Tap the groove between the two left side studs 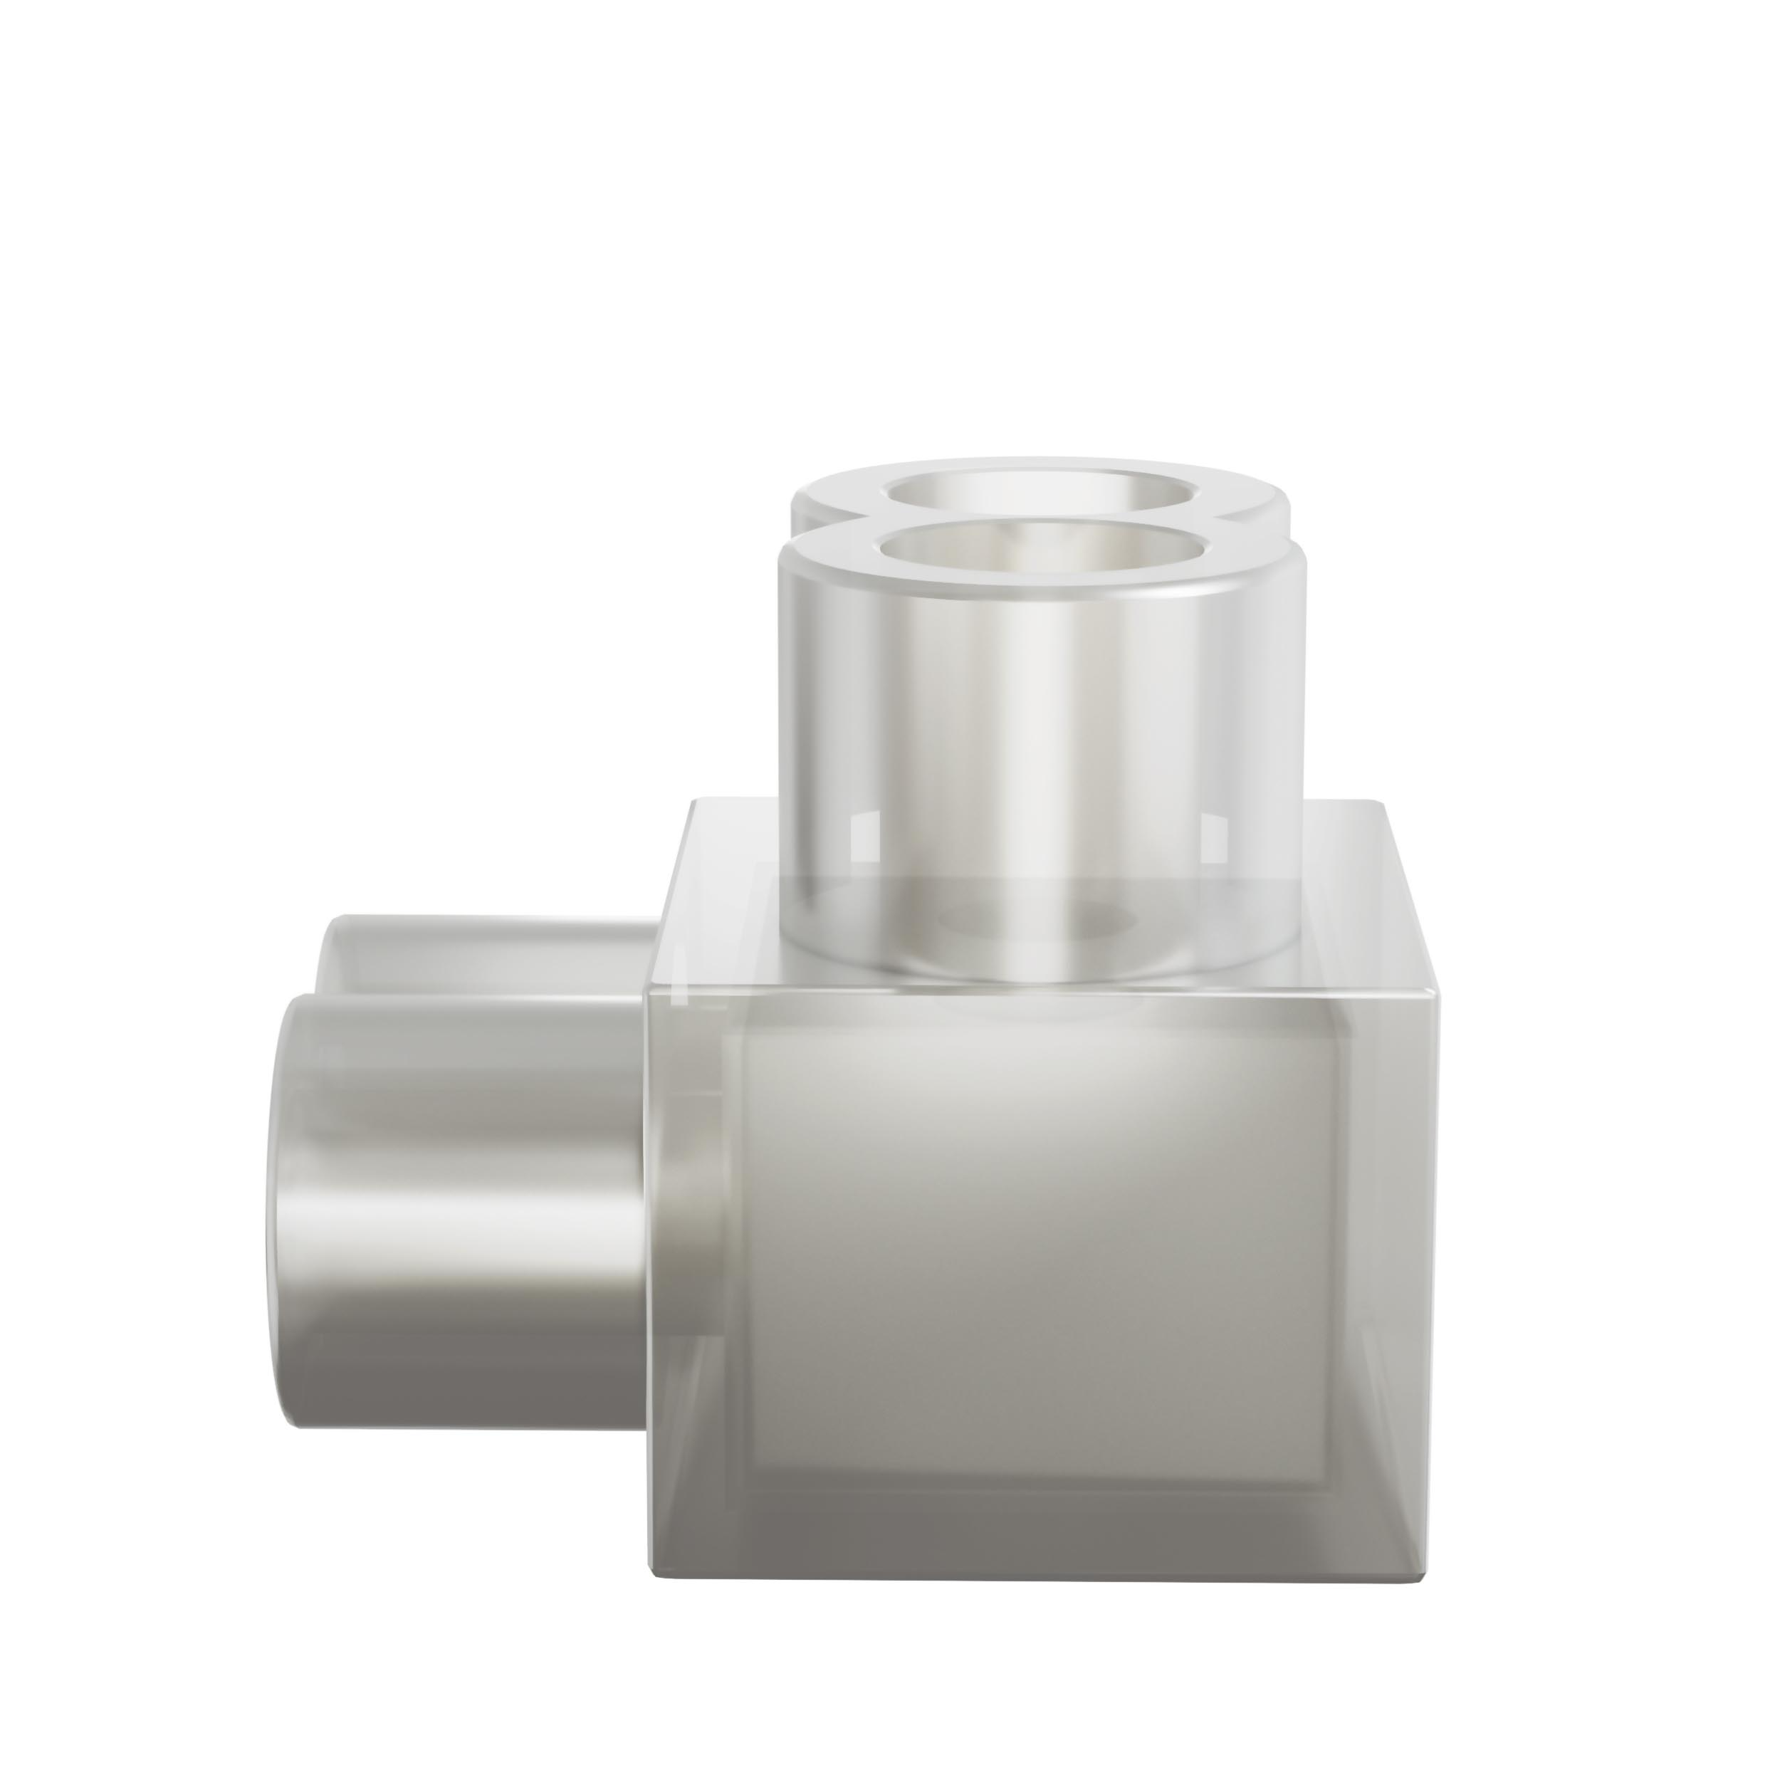click(479, 990)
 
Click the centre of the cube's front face click(1041, 1253)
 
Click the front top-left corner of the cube click(651, 988)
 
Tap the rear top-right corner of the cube click(1386, 802)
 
